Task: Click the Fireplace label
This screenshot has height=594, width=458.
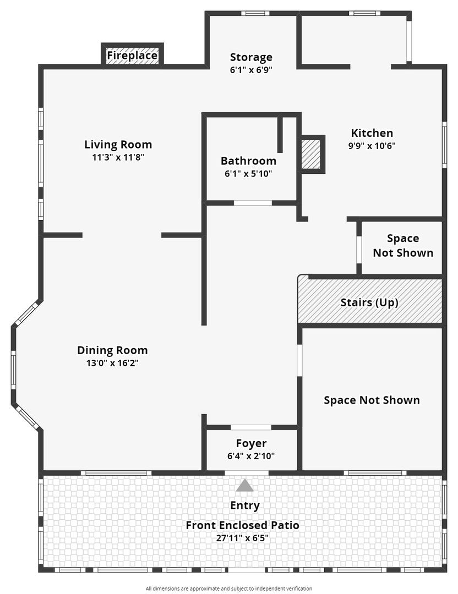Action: click(132, 56)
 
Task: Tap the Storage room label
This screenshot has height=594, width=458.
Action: click(251, 57)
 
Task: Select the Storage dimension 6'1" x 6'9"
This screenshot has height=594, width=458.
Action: click(251, 70)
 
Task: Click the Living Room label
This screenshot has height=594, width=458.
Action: click(118, 144)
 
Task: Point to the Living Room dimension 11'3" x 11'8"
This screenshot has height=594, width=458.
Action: click(118, 157)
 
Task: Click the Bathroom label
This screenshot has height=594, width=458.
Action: click(248, 161)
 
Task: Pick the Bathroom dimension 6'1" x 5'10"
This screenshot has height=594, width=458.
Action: click(248, 173)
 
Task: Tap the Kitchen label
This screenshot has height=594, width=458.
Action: click(372, 133)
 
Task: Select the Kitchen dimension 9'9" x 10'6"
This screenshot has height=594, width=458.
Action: click(372, 145)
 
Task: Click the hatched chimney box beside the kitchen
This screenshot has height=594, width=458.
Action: click(311, 155)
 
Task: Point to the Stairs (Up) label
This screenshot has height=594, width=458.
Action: click(369, 302)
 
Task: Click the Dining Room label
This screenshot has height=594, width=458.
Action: click(112, 350)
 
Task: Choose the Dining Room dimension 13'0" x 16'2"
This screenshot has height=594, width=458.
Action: click(112, 363)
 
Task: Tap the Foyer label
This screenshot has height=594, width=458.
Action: click(251, 443)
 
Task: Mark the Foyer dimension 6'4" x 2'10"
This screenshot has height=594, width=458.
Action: click(251, 456)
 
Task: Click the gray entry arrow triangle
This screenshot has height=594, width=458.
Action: click(244, 486)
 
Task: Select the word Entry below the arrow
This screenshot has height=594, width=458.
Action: click(245, 505)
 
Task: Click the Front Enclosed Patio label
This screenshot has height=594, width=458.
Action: click(242, 525)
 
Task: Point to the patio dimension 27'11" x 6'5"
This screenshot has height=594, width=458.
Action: click(242, 538)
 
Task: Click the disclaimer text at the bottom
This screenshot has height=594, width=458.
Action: click(229, 588)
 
